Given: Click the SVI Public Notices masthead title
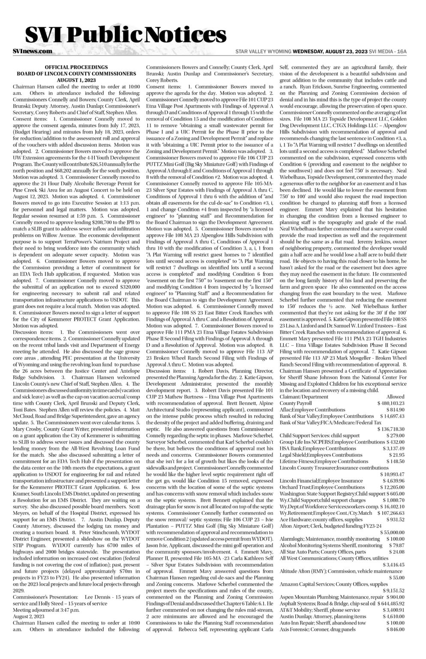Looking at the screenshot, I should pos(126,33).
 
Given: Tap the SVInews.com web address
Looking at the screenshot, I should pos(33,51).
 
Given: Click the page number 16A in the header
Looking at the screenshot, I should pos(401,51).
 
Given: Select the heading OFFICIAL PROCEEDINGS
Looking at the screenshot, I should pos(76,67).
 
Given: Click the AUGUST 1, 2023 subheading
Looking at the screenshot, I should pos(76,80).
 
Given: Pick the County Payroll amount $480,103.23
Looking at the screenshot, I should pos(391,403).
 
